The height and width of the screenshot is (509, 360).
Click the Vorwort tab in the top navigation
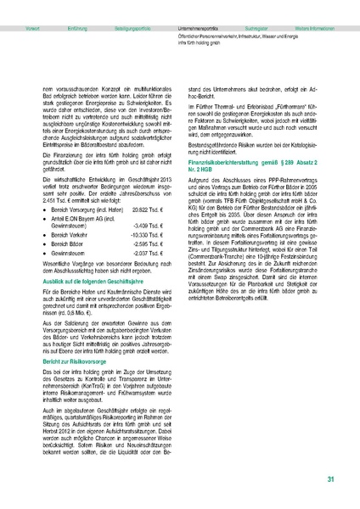coord(35,5)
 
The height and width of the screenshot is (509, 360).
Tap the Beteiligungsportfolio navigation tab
coord(132,5)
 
